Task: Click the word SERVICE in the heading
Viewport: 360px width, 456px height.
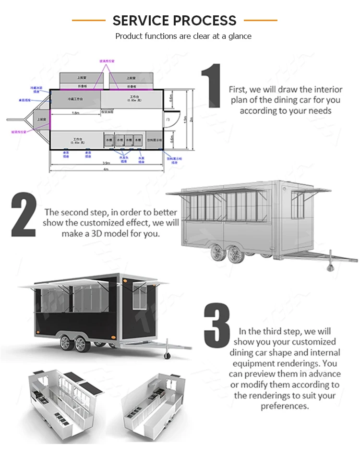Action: point(141,21)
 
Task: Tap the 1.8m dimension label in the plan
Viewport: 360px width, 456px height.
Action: point(75,113)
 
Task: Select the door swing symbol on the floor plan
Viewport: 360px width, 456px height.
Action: point(171,119)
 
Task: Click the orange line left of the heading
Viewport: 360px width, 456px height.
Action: point(88,21)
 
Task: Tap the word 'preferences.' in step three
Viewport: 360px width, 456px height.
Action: point(284,406)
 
